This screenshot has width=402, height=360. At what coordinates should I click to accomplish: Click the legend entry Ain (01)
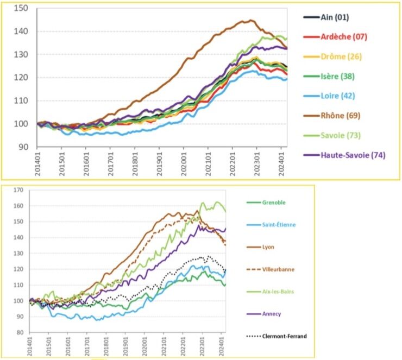(x=334, y=17)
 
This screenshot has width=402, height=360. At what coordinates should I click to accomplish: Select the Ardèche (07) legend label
(x=340, y=37)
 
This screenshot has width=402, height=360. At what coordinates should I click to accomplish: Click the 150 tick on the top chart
(x=22, y=8)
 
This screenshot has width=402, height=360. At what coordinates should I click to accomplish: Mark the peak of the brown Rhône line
(x=250, y=21)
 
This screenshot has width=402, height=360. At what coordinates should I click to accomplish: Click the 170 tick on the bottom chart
(x=19, y=191)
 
